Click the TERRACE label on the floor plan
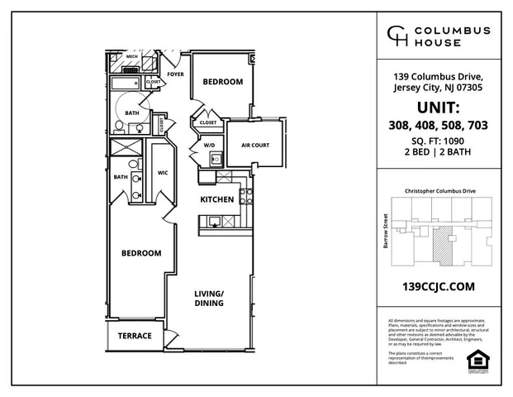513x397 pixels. (x=135, y=336)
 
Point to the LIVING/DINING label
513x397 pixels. (x=209, y=299)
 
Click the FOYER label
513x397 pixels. (x=175, y=74)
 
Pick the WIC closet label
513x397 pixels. (x=163, y=172)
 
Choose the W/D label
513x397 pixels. (x=209, y=146)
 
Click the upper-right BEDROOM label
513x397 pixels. (x=223, y=82)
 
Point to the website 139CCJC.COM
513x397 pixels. (x=437, y=286)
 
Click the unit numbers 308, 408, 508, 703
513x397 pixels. (x=438, y=126)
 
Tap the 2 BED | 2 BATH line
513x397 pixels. (x=438, y=153)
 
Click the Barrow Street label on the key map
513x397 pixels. (x=385, y=231)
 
